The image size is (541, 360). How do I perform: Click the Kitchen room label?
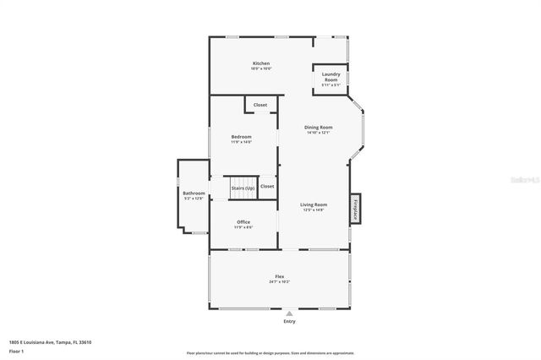261,64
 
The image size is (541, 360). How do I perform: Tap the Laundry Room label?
331,74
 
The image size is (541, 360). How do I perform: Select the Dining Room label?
319,128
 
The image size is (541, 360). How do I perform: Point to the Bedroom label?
242,136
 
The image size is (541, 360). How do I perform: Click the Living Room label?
314,205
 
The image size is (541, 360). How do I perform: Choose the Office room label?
243,222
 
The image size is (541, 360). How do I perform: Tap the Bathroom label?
194,194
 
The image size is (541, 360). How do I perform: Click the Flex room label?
279,276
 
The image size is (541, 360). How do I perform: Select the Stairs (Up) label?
243,187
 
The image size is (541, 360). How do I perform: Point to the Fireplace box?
356,208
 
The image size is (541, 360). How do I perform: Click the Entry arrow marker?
290,313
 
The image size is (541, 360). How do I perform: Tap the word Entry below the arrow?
290,321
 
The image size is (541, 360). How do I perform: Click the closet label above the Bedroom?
260,105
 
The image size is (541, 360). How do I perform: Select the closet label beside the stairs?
267,186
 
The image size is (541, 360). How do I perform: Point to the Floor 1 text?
17,350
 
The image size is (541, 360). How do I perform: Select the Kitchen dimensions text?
261,69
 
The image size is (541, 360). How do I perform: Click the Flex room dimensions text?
279,281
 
